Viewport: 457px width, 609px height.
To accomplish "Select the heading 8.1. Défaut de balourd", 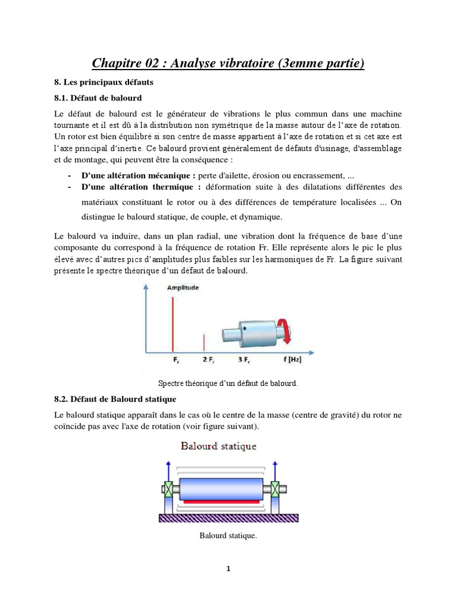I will [x=98, y=98].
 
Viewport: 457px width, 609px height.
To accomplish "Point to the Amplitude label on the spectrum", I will [x=183, y=287].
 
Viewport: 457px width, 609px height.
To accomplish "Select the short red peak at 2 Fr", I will [x=204, y=343].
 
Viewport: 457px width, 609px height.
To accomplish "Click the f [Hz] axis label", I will [x=292, y=360].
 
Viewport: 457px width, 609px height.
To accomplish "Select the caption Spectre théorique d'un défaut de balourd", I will [x=228, y=383].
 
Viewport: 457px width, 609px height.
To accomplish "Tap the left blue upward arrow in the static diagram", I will [x=168, y=473].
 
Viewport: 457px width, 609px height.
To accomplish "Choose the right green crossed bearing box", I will [x=275, y=489].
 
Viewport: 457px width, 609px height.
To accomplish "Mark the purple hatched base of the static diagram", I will [x=228, y=518].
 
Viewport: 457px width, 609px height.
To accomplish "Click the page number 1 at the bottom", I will [x=228, y=569].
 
